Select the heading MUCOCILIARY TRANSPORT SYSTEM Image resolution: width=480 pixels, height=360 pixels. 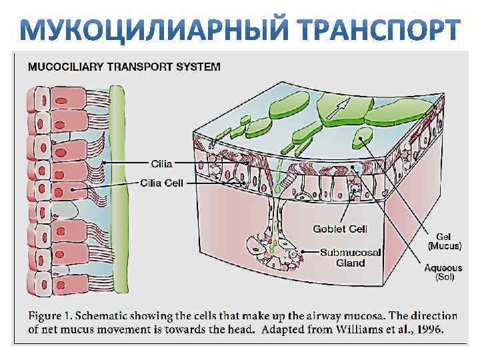click(x=124, y=66)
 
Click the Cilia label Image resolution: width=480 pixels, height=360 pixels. click(x=161, y=163)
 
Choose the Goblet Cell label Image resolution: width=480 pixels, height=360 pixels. click(x=340, y=229)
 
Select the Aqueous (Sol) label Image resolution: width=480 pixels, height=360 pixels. click(x=443, y=271)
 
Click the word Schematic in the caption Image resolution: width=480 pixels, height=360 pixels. click(x=108, y=315)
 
